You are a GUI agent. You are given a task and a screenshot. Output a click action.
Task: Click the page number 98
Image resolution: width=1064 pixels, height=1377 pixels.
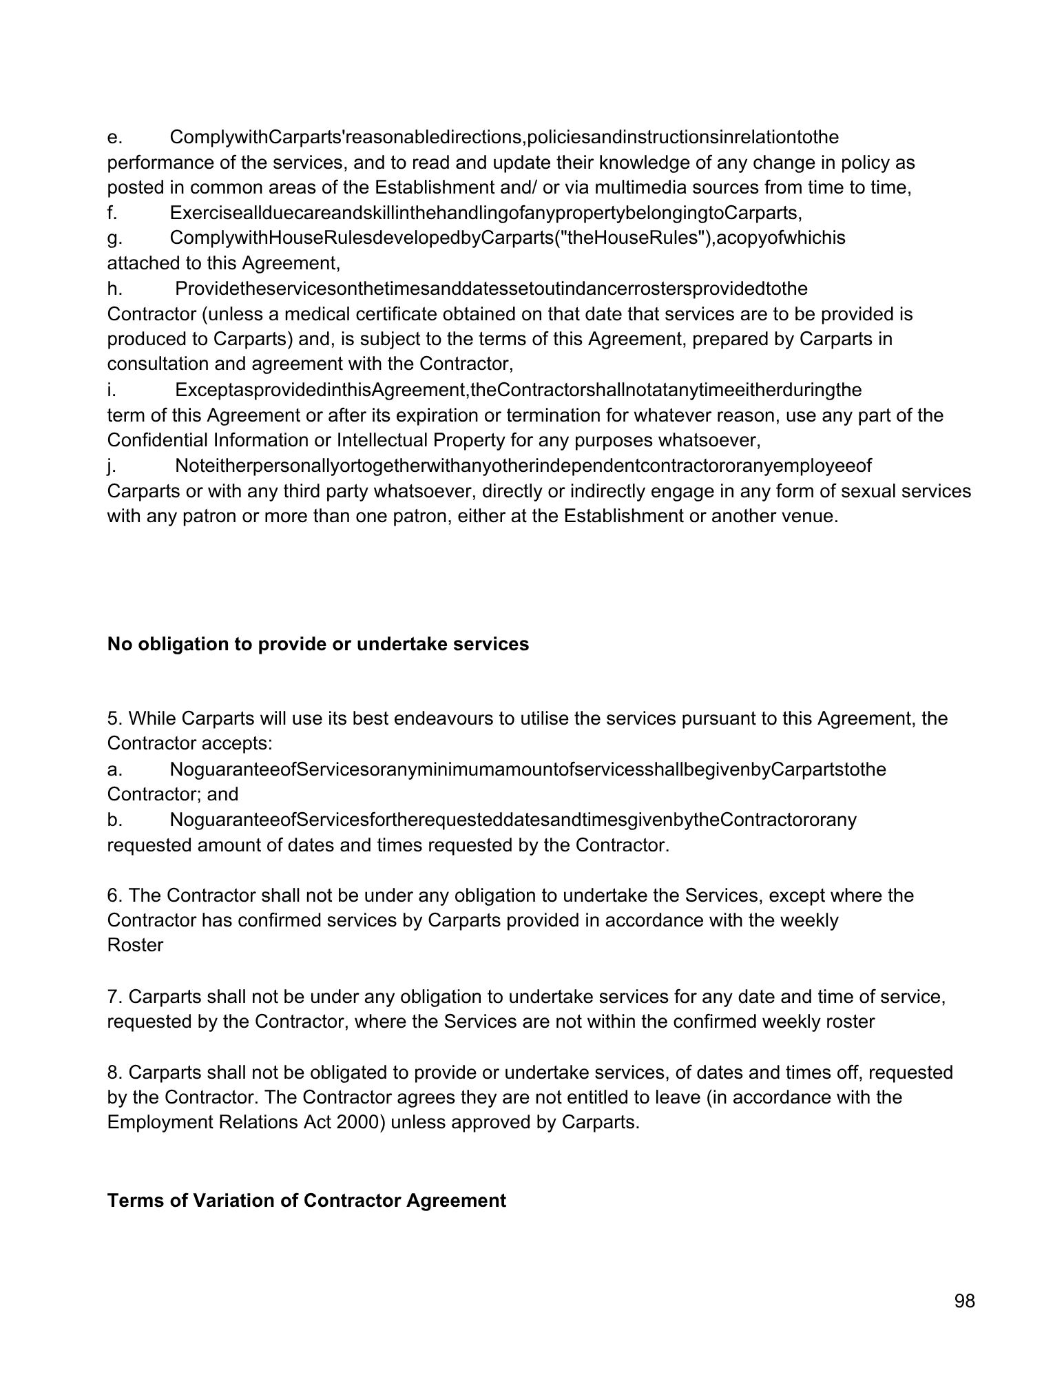965,1301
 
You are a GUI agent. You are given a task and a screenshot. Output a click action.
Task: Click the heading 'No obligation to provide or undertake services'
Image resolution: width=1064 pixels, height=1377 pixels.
318,644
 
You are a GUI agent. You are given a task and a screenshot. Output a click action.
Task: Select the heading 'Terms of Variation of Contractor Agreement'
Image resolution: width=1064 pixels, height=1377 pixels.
306,1201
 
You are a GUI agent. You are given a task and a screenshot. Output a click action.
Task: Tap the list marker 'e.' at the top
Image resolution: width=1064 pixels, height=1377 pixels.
115,137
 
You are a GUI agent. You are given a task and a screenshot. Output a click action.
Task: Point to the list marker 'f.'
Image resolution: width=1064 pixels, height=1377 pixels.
113,213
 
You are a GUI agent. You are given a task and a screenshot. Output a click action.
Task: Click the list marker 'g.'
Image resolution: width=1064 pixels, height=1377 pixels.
115,238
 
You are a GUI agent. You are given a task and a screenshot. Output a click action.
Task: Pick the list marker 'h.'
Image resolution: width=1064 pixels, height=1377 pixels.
115,289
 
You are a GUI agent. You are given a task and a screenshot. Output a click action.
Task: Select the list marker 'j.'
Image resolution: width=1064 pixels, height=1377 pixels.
111,466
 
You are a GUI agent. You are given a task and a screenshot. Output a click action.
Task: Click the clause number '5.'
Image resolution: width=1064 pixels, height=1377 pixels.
115,718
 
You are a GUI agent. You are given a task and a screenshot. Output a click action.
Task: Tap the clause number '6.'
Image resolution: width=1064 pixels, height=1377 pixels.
115,895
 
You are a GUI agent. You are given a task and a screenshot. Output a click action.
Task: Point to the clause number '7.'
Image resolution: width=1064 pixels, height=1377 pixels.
115,996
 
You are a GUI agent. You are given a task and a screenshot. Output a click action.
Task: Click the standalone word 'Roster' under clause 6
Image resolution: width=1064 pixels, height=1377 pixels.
135,945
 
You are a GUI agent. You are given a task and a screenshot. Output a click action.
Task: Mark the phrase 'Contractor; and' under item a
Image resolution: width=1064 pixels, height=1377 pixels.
173,794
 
